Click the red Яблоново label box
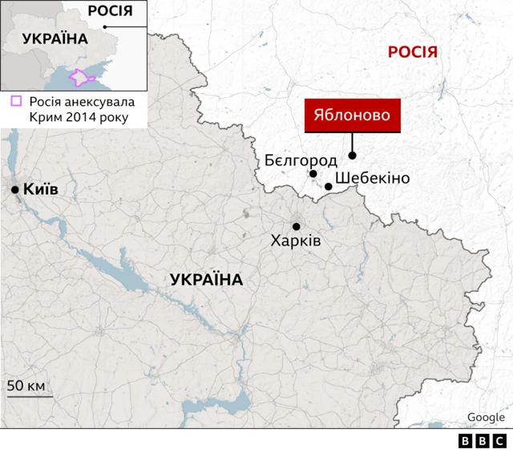(x=352, y=115)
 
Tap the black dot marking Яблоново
(x=352, y=156)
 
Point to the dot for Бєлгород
(x=313, y=174)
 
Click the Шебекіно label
(x=372, y=178)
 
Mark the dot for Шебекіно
(x=329, y=187)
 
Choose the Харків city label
(x=296, y=240)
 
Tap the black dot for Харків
(x=296, y=226)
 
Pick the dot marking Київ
(x=15, y=190)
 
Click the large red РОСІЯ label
(x=413, y=53)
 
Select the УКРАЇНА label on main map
(x=206, y=280)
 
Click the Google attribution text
(x=486, y=417)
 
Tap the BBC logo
(x=482, y=441)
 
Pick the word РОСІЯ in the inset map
(x=110, y=10)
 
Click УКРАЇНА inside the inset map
(x=55, y=39)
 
